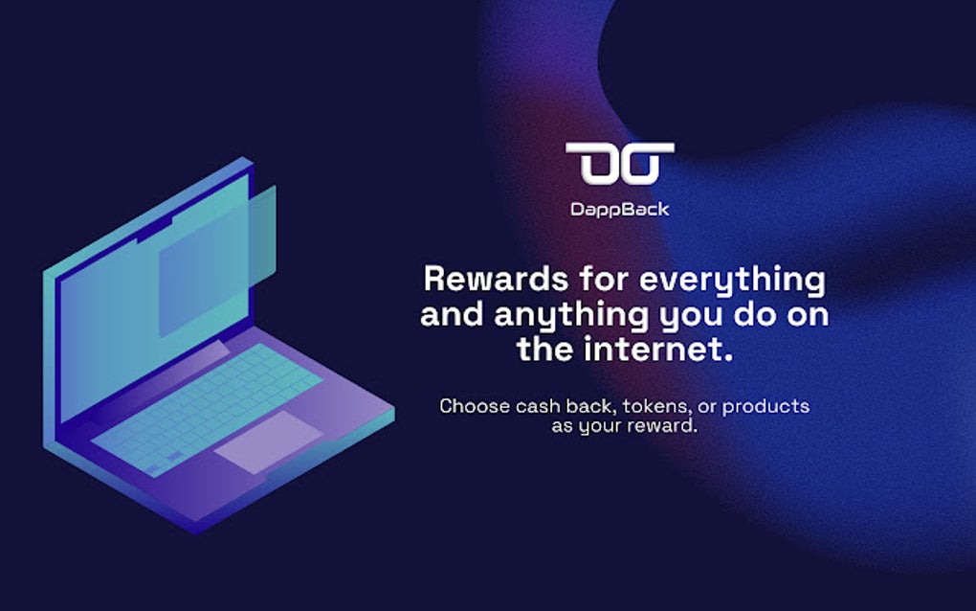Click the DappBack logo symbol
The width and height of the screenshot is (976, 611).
[619, 164]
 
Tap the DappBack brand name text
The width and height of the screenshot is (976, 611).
[619, 209]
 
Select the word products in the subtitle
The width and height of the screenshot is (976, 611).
[765, 406]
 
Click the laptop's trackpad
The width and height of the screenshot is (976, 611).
[268, 441]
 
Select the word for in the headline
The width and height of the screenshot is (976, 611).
[603, 280]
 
